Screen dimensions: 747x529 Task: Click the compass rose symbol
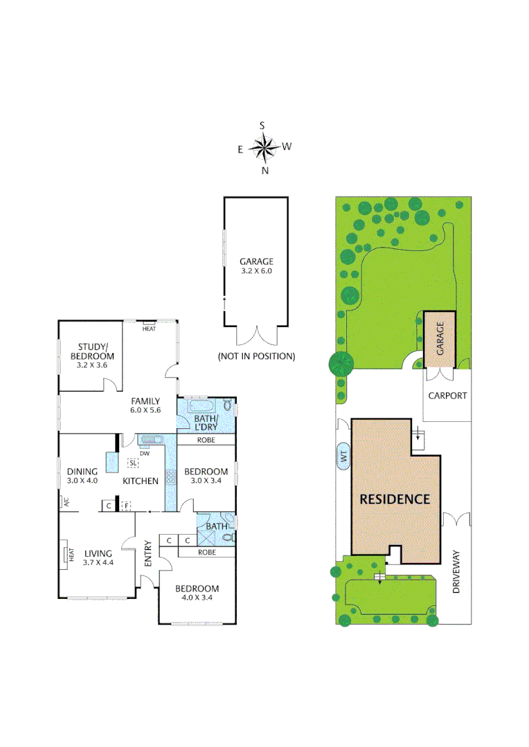pos(263,147)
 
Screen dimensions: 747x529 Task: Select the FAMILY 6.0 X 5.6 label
pos(145,405)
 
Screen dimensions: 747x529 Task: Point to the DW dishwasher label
pos(144,454)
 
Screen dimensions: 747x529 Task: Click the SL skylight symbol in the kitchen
pos(134,463)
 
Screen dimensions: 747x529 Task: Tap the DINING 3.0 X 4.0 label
pos(82,477)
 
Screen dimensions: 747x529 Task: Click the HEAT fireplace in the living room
pos(70,555)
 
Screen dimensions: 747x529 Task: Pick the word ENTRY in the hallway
pos(147,553)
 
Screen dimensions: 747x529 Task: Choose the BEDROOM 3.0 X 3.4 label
pos(206,477)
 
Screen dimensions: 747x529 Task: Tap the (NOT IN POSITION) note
pos(256,357)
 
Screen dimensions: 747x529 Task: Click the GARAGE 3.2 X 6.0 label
pos(256,266)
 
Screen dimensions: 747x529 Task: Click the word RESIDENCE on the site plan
pos(395,499)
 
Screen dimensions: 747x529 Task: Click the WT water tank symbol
pos(343,456)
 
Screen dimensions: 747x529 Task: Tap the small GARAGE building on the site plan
pos(439,337)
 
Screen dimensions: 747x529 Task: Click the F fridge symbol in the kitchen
pos(125,506)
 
